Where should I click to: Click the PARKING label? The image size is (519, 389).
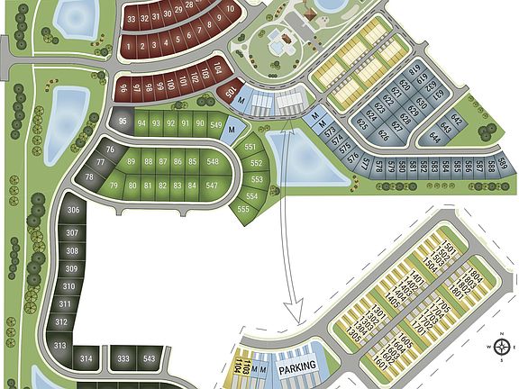[298, 367]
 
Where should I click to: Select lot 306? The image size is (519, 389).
[73, 211]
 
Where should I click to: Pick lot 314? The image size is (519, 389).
[86, 358]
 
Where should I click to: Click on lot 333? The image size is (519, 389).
[123, 358]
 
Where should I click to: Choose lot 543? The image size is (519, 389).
[150, 358]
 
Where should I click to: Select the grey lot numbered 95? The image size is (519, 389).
[123, 122]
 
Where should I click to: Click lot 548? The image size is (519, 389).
[213, 162]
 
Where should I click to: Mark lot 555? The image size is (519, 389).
[243, 209]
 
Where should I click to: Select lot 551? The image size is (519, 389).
[250, 147]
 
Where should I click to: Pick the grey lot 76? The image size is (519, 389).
[110, 149]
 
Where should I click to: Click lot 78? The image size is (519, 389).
[89, 177]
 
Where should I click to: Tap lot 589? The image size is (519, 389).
[504, 165]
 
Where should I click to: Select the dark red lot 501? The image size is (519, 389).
[231, 93]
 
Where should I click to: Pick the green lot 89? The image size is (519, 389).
[132, 162]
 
